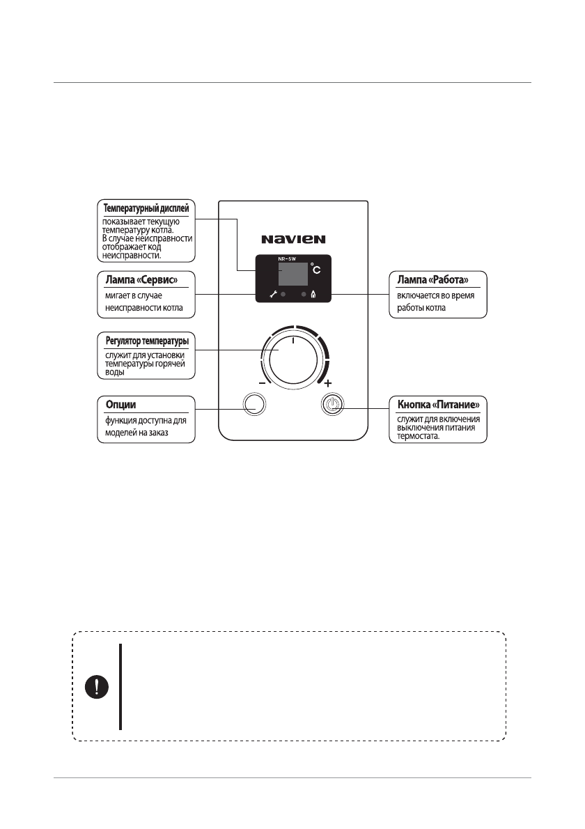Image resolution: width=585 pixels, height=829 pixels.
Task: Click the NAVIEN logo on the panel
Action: pyautogui.click(x=293, y=239)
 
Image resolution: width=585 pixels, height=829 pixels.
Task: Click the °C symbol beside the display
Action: pyautogui.click(x=317, y=270)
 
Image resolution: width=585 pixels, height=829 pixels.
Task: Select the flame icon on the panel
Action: pyautogui.click(x=313, y=295)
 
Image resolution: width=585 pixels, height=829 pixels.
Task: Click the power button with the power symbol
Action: pyautogui.click(x=333, y=404)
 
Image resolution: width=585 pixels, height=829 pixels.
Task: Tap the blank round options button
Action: pyautogui.click(x=254, y=404)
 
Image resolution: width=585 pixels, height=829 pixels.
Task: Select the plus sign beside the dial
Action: pyautogui.click(x=328, y=383)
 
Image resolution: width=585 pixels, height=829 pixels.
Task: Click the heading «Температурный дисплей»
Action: pyautogui.click(x=146, y=208)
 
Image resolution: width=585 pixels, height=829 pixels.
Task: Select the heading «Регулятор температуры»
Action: pyautogui.click(x=146, y=341)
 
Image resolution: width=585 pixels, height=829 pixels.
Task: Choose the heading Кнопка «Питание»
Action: pyautogui.click(x=437, y=404)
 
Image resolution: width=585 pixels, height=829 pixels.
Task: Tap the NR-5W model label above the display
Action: pyautogui.click(x=287, y=258)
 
